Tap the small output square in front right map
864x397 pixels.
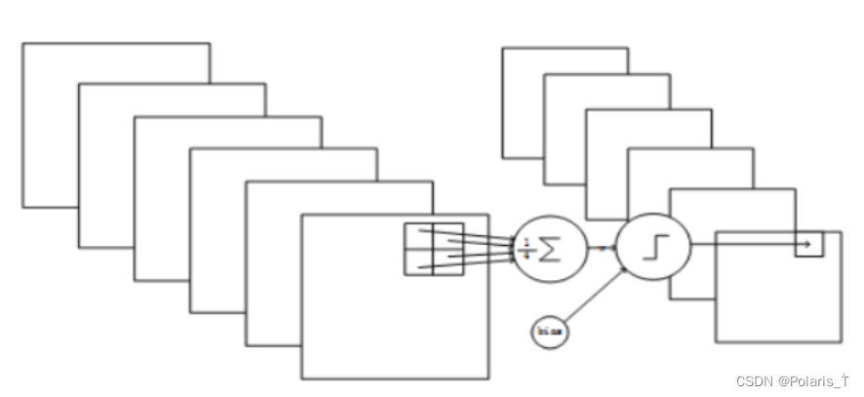pos(808,243)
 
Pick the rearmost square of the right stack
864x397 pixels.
pos(521,98)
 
